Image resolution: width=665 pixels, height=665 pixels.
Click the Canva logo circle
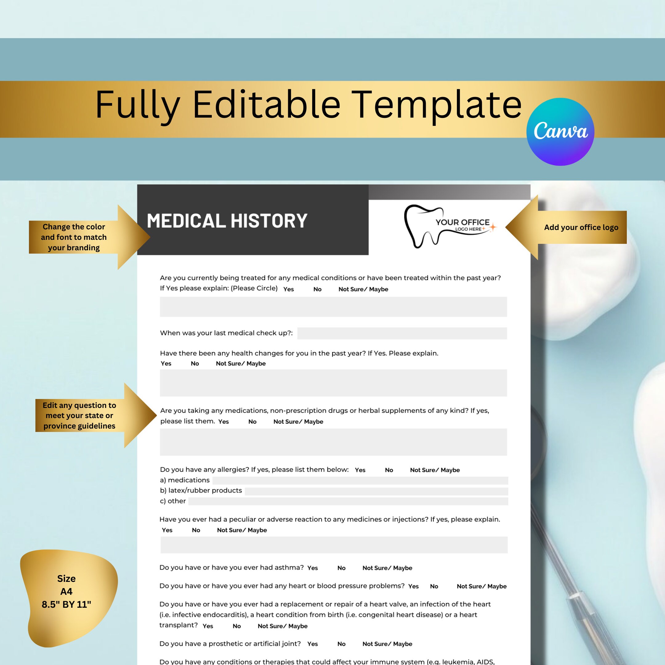click(x=560, y=131)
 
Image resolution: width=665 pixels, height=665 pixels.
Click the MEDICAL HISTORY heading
click(x=227, y=221)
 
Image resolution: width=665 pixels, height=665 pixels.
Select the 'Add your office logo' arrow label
click(x=581, y=227)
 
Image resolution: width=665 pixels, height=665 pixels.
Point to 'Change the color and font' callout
click(x=74, y=237)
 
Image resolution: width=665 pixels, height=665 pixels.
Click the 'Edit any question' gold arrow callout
click(x=79, y=415)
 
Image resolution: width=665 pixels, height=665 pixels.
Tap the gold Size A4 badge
click(x=67, y=591)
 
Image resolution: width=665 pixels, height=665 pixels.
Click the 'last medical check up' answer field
click(x=402, y=333)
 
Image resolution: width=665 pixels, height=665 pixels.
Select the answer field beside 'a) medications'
click(x=360, y=481)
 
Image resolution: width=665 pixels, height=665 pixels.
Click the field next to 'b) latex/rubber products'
click(x=376, y=491)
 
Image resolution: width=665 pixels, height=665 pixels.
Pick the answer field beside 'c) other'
click(x=348, y=501)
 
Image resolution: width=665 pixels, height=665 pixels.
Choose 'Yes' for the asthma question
click(x=312, y=568)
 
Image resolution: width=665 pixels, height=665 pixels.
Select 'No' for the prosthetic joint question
click(x=341, y=644)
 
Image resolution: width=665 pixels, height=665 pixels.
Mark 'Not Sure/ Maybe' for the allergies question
click(x=435, y=470)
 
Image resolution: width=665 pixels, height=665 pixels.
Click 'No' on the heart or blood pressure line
click(x=434, y=586)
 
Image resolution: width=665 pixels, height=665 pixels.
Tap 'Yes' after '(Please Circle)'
click(x=288, y=289)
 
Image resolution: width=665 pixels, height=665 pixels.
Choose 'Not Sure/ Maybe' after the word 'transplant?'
click(x=283, y=626)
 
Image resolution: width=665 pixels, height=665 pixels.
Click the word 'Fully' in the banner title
click(x=137, y=105)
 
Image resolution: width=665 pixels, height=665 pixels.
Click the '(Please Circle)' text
click(x=254, y=288)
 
